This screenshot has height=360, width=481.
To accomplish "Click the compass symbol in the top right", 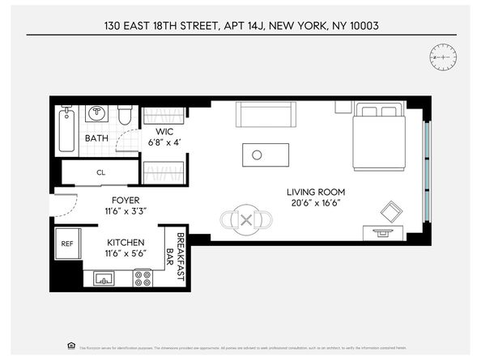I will click(x=443, y=57).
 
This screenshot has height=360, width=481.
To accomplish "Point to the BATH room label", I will click(x=97, y=138).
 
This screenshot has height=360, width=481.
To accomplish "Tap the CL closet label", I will click(x=101, y=172).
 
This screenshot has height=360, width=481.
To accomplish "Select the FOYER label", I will click(x=125, y=201).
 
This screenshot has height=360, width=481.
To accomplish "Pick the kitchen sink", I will click(x=104, y=279).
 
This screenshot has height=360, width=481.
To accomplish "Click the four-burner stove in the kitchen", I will click(x=143, y=278).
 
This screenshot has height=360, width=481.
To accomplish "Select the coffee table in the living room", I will click(x=266, y=155).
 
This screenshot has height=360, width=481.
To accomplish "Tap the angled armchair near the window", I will click(x=391, y=211).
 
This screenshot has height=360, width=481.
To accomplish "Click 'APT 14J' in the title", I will click(x=244, y=26).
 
